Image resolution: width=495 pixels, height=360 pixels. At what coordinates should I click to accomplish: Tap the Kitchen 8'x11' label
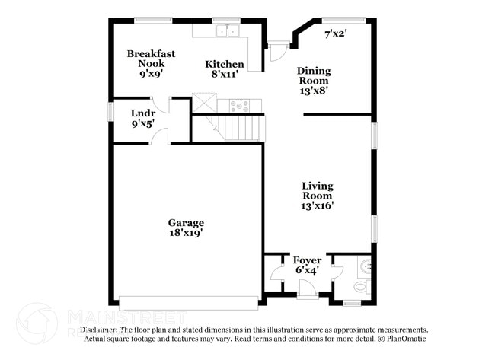coord(225,70)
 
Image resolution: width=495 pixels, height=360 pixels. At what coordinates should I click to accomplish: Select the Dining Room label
coord(313,80)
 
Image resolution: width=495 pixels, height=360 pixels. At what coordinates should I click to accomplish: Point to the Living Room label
coord(317,195)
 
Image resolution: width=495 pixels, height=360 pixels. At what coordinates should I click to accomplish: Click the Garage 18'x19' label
coord(186,228)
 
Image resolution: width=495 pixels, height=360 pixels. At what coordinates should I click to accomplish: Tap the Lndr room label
coord(142,119)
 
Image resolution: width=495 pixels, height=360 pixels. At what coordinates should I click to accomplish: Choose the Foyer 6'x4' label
coord(307,265)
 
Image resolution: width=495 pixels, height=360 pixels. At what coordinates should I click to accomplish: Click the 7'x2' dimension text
coord(336,33)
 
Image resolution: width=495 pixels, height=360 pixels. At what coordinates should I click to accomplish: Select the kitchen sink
coord(227,31)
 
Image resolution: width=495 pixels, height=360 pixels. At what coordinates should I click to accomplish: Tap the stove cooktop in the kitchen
coord(239,107)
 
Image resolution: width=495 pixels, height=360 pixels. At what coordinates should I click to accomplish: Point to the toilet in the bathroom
coord(361,287)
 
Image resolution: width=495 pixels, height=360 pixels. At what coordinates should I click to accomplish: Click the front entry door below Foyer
coord(308,289)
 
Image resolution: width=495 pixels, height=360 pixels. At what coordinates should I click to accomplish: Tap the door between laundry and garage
coord(159,137)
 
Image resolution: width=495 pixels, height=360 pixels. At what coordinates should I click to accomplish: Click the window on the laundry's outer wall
coord(111,111)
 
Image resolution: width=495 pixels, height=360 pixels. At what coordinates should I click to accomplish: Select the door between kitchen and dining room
coord(277,53)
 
